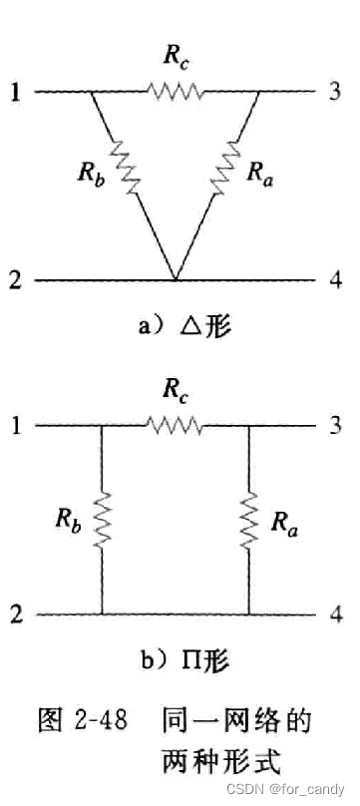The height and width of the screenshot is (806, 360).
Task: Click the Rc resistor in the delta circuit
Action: [x=177, y=92]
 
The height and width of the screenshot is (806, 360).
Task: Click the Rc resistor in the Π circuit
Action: [x=176, y=426]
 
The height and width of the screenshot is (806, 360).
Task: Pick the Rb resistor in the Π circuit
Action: [x=102, y=520]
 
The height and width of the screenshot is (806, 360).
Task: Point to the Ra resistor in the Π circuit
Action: [x=247, y=520]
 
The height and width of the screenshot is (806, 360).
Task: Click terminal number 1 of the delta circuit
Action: [x=13, y=92]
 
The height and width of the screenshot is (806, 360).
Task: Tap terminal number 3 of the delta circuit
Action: [x=337, y=92]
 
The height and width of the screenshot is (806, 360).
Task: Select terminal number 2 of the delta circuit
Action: [x=13, y=280]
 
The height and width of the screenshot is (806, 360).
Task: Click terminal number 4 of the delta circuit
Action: [x=337, y=280]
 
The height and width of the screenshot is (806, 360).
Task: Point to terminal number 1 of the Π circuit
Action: [x=13, y=426]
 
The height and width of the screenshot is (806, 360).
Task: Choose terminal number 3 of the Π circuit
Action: [x=337, y=426]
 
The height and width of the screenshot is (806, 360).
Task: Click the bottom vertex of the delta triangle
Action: [x=176, y=279]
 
